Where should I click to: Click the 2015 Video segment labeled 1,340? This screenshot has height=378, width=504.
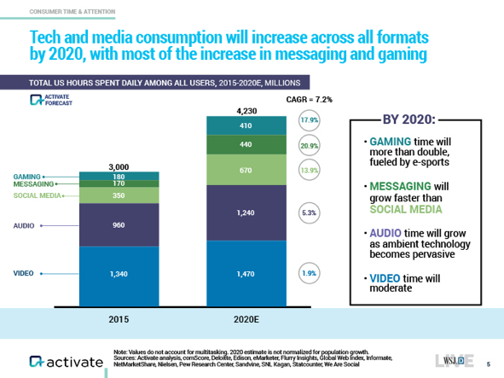click(x=119, y=274)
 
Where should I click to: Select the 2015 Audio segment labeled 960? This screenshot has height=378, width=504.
click(x=119, y=226)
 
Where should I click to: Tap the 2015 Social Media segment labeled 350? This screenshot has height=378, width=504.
click(x=119, y=195)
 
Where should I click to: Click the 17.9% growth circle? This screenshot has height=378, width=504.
click(x=309, y=121)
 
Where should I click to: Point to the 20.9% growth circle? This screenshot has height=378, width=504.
click(x=309, y=146)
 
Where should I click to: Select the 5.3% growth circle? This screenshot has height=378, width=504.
click(x=309, y=212)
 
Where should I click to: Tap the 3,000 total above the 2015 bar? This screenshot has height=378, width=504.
click(x=119, y=166)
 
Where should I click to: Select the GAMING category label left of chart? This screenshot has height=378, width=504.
click(x=27, y=176)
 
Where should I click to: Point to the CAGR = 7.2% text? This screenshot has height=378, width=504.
click(x=308, y=100)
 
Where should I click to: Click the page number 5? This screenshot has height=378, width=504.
click(x=488, y=363)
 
